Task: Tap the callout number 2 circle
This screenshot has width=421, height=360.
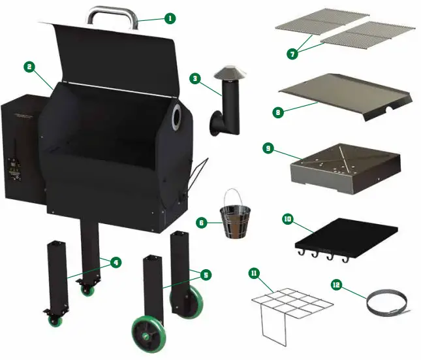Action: point(29,66)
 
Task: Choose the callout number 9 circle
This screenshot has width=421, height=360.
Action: point(268,148)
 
